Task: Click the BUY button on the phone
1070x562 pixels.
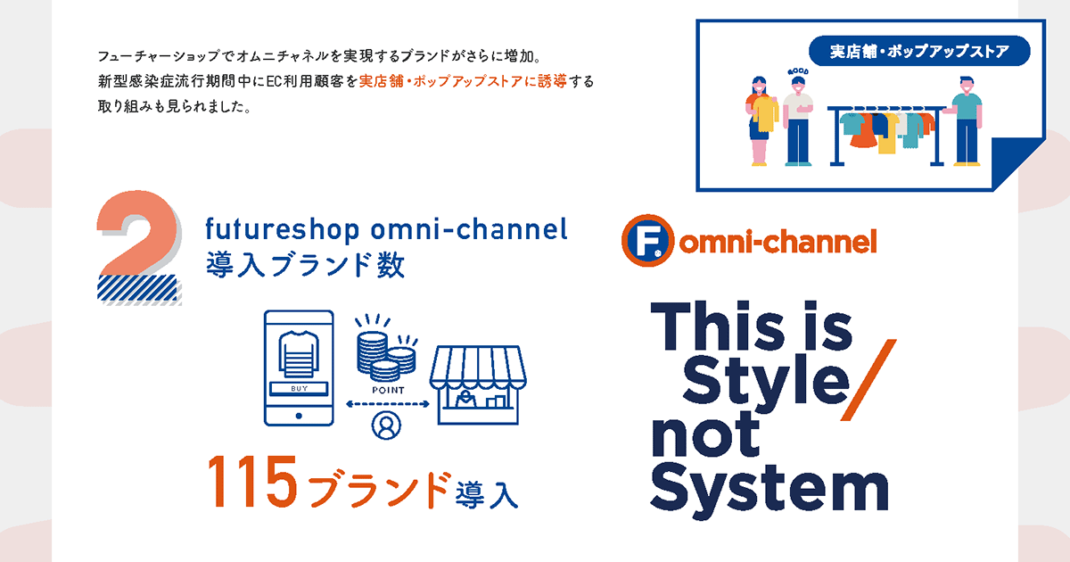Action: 299,389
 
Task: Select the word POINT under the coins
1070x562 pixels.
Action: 388,390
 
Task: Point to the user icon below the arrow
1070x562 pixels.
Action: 386,426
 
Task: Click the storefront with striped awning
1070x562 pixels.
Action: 478,384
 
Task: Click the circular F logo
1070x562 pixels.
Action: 647,240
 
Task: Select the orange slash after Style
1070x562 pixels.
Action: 868,380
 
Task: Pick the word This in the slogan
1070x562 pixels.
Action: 718,326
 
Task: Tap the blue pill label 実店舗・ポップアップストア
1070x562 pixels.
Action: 919,51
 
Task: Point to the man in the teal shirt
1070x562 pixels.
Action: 966,121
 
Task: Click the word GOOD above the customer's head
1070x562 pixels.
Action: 798,71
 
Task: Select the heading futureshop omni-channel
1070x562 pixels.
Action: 386,229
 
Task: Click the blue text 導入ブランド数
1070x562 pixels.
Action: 305,265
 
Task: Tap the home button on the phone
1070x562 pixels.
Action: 299,416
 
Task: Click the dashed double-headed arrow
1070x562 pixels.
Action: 387,404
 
